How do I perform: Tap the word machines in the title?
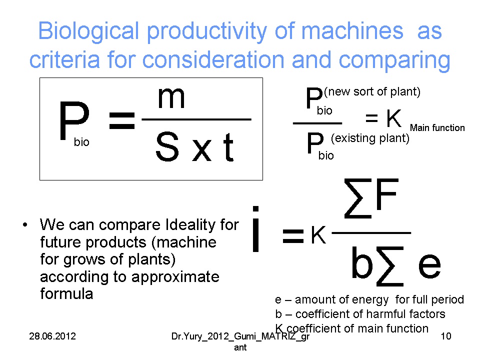point(352,30)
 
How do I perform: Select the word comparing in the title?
point(394,60)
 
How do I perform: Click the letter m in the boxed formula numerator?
point(171,98)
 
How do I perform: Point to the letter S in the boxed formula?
point(167,146)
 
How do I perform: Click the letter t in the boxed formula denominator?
point(228,147)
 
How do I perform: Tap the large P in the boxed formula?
point(74,120)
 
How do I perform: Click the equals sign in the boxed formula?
point(122,120)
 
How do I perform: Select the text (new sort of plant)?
point(372,91)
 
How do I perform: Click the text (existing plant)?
point(370,138)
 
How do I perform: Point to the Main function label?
point(437,127)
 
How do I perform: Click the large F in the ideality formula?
point(387,193)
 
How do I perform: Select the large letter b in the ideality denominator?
point(362,262)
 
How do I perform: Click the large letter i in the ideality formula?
point(256,229)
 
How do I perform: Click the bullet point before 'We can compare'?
point(25,225)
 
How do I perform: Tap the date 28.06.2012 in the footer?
point(52,336)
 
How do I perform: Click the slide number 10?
point(446,336)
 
